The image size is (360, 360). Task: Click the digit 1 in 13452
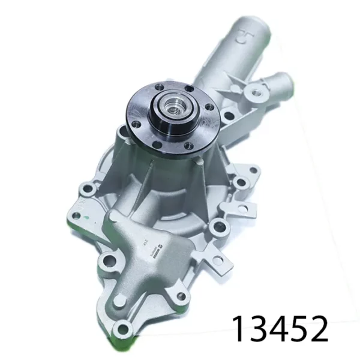[239, 329]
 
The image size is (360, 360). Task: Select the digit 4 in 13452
[279, 329]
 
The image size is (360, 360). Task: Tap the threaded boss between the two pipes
[258, 92]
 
